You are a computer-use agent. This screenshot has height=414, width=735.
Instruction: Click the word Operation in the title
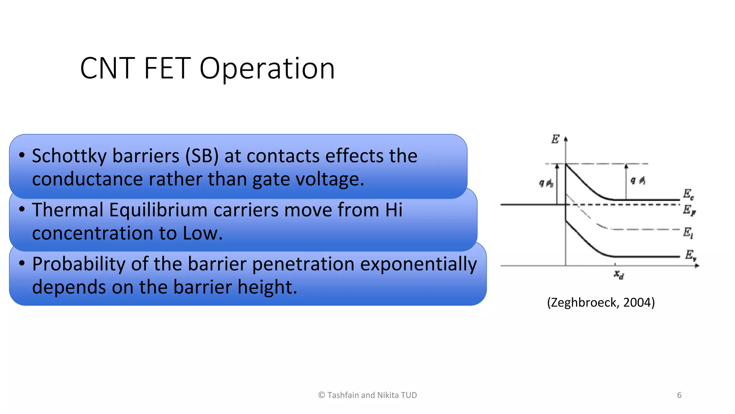[x=267, y=68]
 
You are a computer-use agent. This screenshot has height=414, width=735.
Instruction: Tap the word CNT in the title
[x=107, y=68]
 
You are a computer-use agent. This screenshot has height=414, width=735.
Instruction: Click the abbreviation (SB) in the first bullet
[x=202, y=156]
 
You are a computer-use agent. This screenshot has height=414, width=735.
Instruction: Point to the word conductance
[x=88, y=179]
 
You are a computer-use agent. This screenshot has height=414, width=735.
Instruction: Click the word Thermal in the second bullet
[x=67, y=210]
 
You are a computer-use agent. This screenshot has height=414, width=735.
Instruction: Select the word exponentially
[x=418, y=264]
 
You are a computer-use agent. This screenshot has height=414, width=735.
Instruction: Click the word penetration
[x=303, y=264]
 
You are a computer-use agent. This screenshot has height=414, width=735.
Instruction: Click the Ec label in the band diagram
[x=688, y=194]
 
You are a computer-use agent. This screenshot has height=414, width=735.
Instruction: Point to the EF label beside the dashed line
[x=689, y=210]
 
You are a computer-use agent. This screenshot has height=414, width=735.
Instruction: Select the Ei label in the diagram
[x=688, y=233]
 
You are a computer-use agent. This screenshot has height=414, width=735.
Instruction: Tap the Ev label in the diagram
[x=690, y=255]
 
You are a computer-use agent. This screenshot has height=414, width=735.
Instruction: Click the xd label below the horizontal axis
[x=618, y=275]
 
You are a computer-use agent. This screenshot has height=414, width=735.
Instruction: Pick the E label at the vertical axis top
[x=555, y=139]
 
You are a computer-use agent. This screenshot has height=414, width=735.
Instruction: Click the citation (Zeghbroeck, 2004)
[x=601, y=302]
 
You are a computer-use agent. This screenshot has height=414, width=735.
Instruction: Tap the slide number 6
[x=679, y=395]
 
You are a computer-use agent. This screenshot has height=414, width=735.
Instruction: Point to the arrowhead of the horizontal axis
[x=697, y=266]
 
